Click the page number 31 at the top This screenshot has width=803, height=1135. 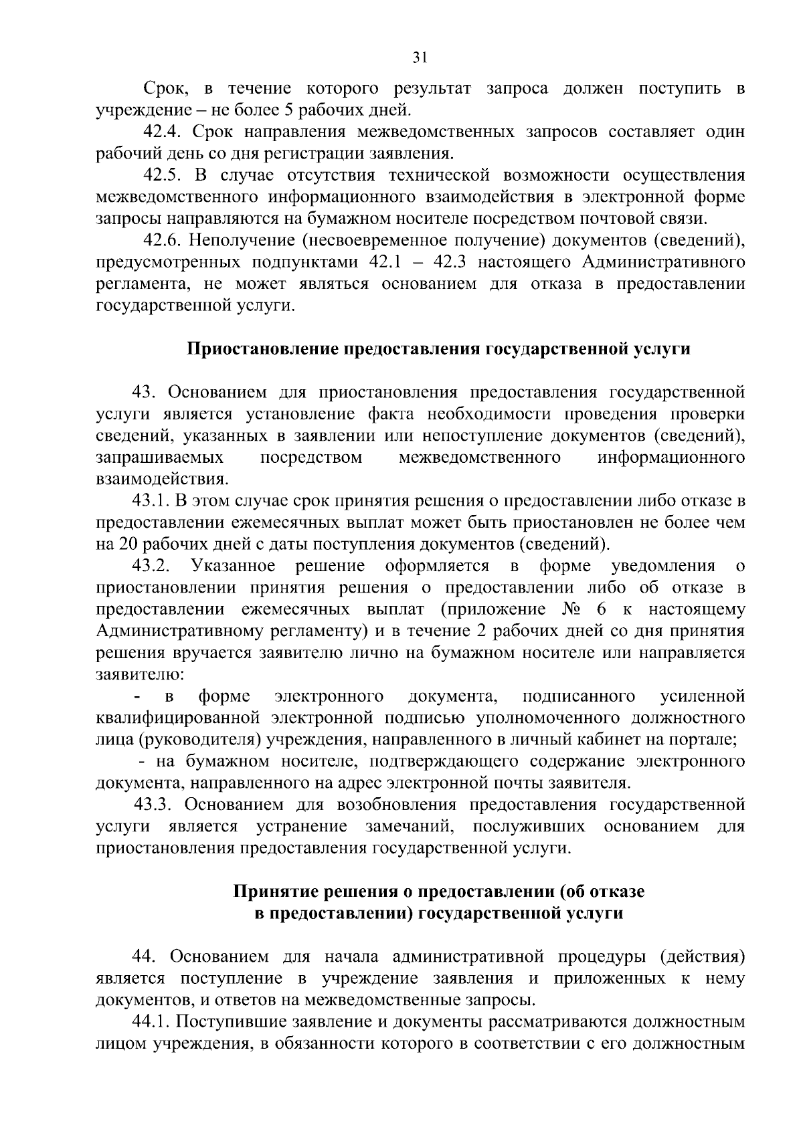point(420,59)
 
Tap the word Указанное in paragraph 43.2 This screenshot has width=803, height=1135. point(233,566)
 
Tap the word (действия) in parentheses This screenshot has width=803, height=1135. point(702,957)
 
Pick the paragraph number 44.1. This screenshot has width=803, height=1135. point(150,1022)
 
